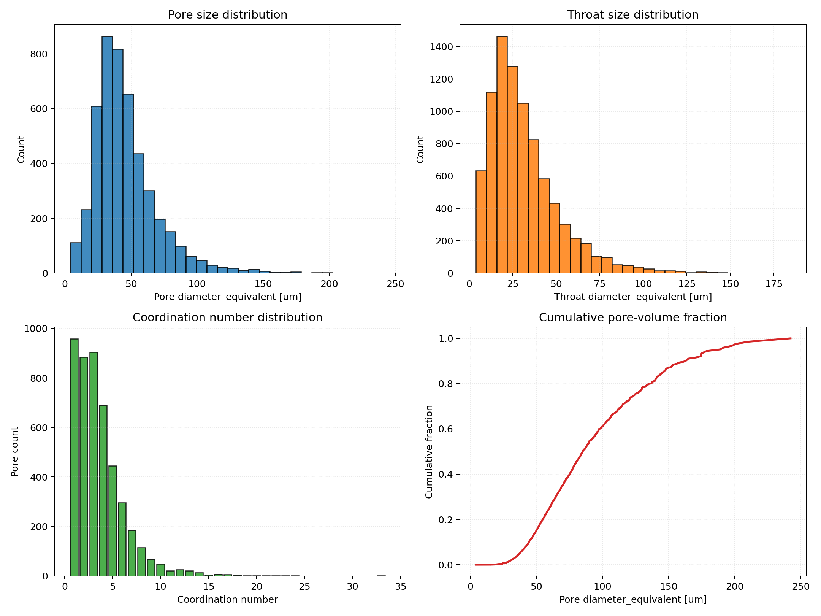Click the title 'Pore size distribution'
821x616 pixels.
(227, 15)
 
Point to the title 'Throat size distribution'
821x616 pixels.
(632, 15)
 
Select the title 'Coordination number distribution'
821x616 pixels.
(227, 318)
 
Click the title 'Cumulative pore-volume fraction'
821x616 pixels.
(632, 318)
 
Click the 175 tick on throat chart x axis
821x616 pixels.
(774, 284)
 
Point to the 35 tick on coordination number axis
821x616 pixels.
(401, 587)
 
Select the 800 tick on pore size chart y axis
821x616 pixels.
(39, 54)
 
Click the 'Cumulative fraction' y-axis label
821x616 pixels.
(429, 452)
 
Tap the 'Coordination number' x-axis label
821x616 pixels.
(227, 600)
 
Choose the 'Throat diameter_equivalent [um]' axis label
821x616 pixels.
(632, 297)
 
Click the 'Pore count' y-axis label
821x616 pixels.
(15, 452)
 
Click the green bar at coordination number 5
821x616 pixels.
(113, 521)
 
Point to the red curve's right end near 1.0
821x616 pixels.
(790, 338)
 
